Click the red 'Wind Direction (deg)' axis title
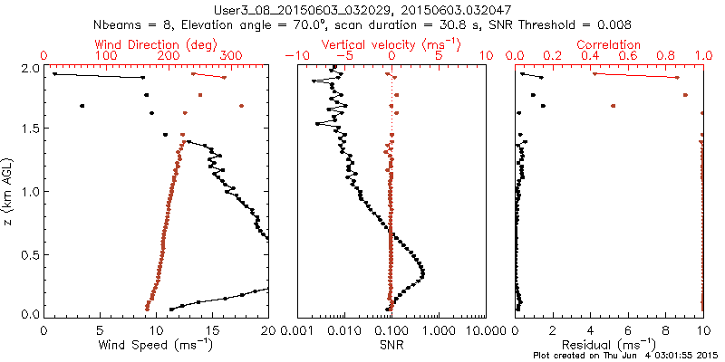(156, 43)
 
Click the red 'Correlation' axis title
(611, 43)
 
